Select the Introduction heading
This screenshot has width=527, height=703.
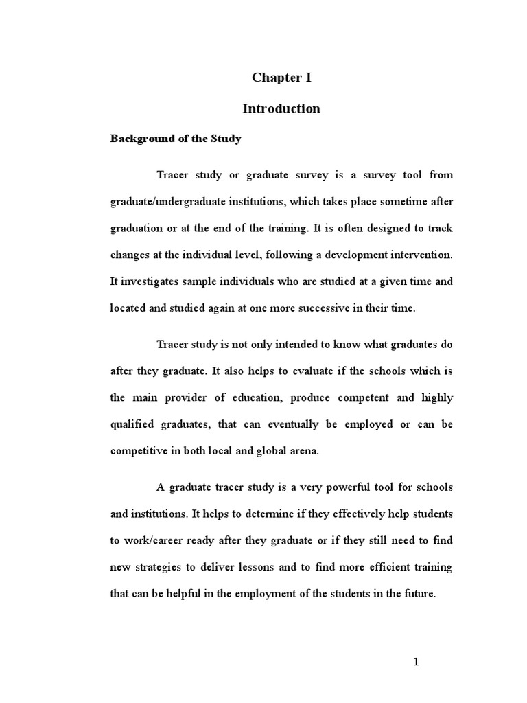coord(281,108)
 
